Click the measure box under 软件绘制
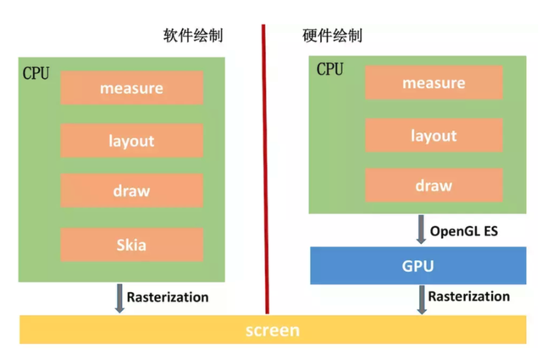(131, 87)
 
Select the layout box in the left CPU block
(131, 140)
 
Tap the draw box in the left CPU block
(131, 191)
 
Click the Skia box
(131, 245)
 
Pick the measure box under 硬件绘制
(434, 83)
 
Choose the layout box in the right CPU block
(434, 136)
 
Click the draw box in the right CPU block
(434, 186)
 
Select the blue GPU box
(417, 266)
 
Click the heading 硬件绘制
(332, 36)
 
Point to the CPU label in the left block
(36, 73)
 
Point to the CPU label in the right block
(330, 69)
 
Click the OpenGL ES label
(463, 230)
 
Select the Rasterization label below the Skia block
(167, 297)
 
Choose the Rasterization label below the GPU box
(468, 296)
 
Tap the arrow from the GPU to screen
(421, 299)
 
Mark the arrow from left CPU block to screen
(119, 298)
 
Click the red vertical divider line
(264, 169)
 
